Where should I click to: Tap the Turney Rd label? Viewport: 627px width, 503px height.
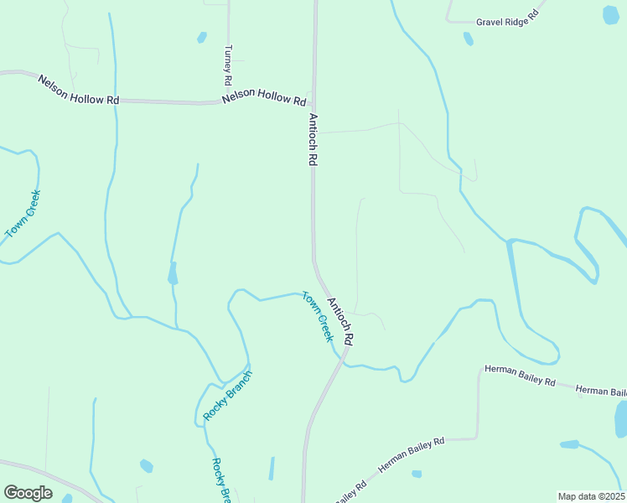point(227,66)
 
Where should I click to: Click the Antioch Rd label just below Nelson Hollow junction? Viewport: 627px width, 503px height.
point(313,139)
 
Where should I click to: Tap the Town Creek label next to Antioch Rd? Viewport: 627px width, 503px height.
point(318,316)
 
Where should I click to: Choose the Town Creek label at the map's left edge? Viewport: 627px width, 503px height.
point(23,215)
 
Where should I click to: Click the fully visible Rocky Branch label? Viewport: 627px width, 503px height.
point(227,395)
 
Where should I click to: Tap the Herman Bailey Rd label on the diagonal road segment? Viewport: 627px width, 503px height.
point(411,454)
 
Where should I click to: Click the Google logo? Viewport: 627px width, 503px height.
point(28,493)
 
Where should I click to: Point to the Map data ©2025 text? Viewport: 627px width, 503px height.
point(590,496)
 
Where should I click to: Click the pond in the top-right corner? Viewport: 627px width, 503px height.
point(611,14)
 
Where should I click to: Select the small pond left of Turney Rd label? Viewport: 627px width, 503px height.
point(201,37)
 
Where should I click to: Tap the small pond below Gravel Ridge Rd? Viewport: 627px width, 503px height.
point(469,39)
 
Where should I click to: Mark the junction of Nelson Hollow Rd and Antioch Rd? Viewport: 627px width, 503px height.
point(314,104)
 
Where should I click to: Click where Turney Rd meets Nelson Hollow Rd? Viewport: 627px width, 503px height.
point(227,102)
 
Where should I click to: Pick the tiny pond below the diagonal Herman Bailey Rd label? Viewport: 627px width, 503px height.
point(417,474)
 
